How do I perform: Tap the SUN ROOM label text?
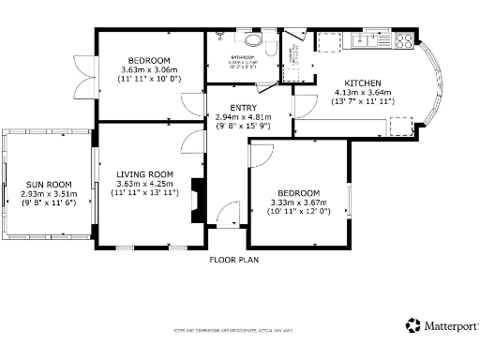point(48,185)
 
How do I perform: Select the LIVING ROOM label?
point(145,174)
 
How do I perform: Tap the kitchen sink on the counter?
point(363,39)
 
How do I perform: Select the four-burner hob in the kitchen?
point(404,39)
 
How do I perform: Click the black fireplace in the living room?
point(197,201)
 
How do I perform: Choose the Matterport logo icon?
point(413,324)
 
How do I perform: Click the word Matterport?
point(453,325)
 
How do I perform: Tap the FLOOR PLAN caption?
point(233,259)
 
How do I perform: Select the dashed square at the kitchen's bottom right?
point(401,126)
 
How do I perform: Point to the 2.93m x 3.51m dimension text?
point(48,194)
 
